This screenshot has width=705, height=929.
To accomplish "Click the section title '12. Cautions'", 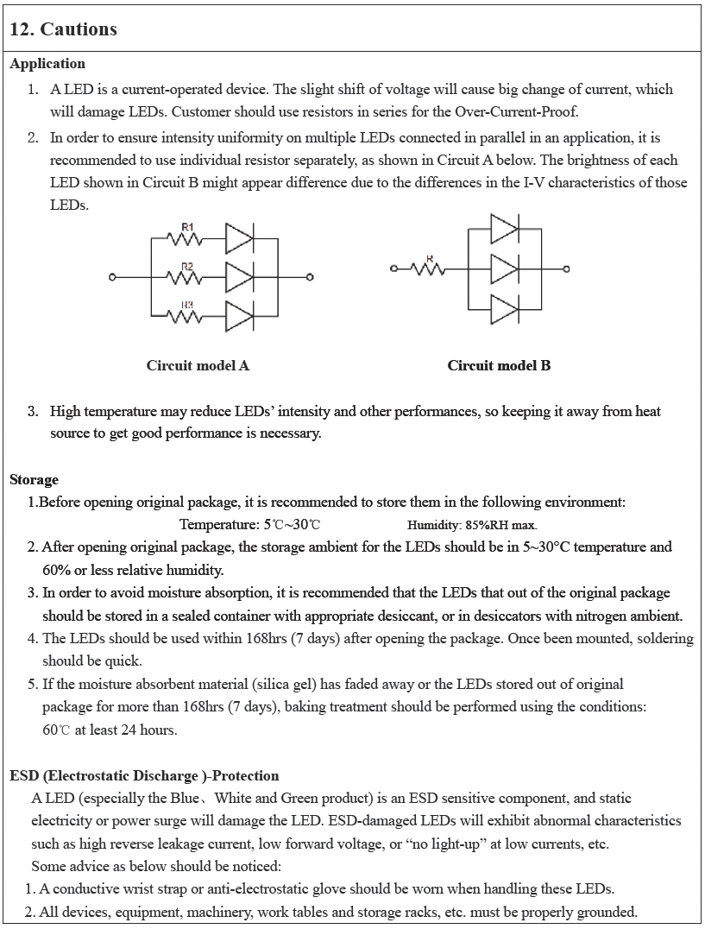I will [x=63, y=29].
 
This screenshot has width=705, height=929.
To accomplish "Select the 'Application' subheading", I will [x=47, y=64].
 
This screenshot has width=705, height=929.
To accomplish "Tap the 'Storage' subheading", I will [x=35, y=479].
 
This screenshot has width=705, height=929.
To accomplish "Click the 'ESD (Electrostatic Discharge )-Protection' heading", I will [x=144, y=775].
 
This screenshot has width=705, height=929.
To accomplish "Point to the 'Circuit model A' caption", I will [x=198, y=365].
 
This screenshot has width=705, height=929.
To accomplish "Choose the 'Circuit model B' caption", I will [x=499, y=365].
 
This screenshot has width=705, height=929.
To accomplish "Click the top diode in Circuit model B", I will [x=503, y=230].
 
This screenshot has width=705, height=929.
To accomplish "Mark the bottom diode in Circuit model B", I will [x=503, y=308].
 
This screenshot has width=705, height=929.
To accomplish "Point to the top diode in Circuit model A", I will [x=239, y=237].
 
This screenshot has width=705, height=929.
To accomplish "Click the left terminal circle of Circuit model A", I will [x=112, y=277].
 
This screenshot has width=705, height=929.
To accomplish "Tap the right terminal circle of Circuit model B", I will [x=567, y=269].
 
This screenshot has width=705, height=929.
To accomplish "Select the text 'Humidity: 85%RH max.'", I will [x=472, y=525].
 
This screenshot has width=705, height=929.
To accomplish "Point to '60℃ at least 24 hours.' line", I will [x=110, y=730].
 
